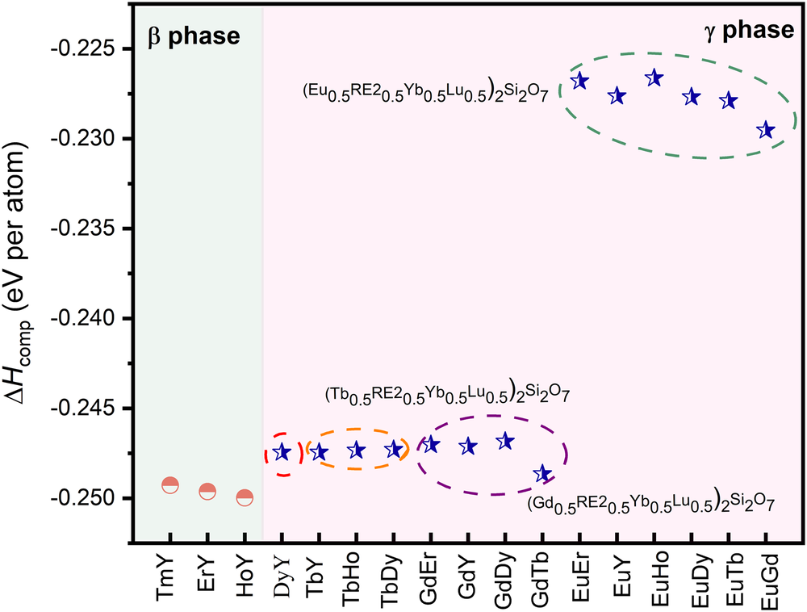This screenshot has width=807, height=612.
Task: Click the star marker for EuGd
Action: click(766, 130)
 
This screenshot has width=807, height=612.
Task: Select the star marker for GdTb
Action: click(542, 473)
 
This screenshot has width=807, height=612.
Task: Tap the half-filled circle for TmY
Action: click(170, 485)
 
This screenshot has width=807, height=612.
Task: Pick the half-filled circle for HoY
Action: click(245, 498)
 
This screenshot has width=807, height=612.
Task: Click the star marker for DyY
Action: click(282, 452)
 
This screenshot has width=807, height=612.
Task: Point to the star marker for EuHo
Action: click(654, 78)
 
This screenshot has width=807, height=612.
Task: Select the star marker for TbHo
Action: click(356, 451)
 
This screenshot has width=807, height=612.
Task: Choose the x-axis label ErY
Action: click(207, 574)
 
